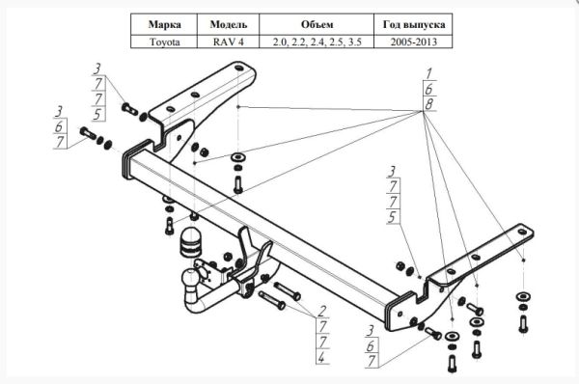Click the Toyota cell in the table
(164, 41)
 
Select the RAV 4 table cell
(228, 41)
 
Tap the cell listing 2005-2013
(413, 41)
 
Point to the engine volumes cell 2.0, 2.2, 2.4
(317, 41)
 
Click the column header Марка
(164, 25)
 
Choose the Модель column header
(228, 25)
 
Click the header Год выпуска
(413, 25)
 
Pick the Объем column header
(317, 25)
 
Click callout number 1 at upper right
(428, 73)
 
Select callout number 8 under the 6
(428, 104)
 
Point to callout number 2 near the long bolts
(322, 311)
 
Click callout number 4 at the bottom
(322, 357)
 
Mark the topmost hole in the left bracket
(238, 69)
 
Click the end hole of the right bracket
(522, 232)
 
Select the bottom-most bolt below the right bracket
(452, 364)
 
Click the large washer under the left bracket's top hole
(237, 157)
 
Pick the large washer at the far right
(523, 296)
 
